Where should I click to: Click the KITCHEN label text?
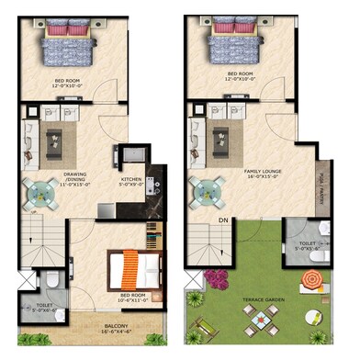pyautogui.click(x=131, y=179)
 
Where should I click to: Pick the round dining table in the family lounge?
pyautogui.click(x=208, y=192)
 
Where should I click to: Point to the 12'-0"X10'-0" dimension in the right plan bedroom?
pyautogui.click(x=240, y=80)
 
